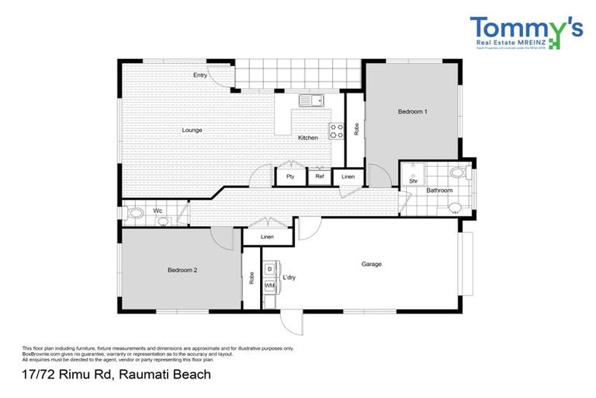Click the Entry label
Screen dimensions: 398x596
point(200,75)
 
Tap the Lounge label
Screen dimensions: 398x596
point(192,130)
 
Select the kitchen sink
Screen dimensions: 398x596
point(311,100)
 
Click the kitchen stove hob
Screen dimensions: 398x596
point(337,131)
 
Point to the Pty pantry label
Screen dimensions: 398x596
point(290,177)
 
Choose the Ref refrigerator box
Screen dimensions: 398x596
point(319,177)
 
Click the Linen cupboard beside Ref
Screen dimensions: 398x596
point(348,177)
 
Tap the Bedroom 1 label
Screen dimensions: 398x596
point(412,112)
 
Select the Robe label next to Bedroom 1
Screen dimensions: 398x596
point(355,128)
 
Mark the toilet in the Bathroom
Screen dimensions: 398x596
point(456,206)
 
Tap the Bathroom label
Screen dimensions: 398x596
point(438,190)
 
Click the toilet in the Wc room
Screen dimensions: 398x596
point(136,212)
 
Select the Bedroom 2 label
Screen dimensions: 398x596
point(182,270)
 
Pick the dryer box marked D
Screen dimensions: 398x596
point(269,269)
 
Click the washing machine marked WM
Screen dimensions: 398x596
point(269,286)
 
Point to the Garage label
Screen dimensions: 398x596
point(371,264)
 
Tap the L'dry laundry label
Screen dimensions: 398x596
point(289,278)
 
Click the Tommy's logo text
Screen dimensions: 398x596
point(525,30)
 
